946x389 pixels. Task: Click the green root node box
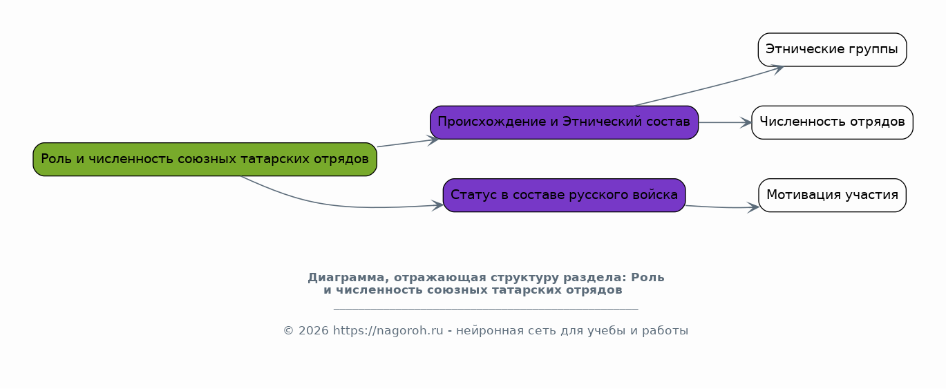205,159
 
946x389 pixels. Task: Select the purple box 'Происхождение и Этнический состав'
565,122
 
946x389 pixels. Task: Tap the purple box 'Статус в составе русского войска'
565,195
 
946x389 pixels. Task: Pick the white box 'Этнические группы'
833,50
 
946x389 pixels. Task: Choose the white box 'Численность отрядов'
833,122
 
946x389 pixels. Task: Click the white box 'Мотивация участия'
833,195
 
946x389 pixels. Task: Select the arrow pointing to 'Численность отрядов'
725,122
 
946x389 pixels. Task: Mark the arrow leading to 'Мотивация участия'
722,207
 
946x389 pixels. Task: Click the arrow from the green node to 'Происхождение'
408,143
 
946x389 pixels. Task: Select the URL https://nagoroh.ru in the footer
388,330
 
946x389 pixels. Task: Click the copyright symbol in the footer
288,331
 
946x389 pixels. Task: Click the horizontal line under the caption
486,309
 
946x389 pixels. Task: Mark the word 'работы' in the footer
665,331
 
